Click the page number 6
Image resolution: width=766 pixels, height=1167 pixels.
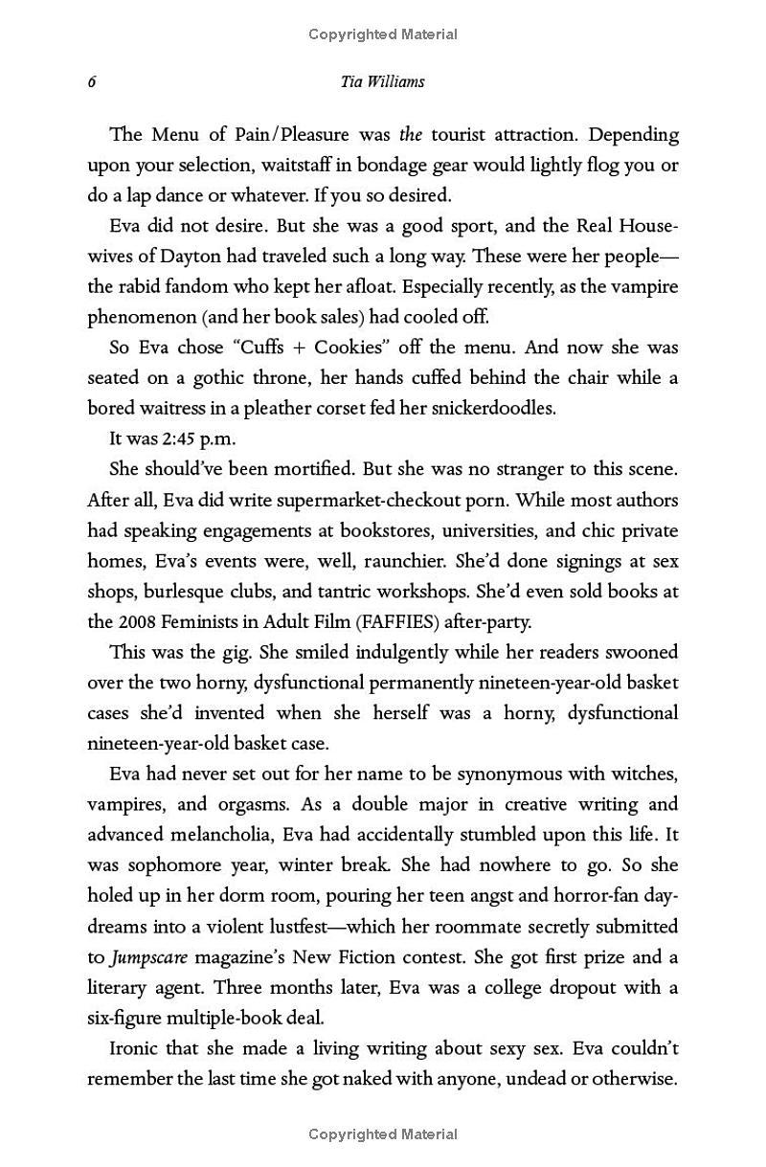pos(92,82)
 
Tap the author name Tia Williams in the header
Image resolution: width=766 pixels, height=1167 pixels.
pos(382,81)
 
